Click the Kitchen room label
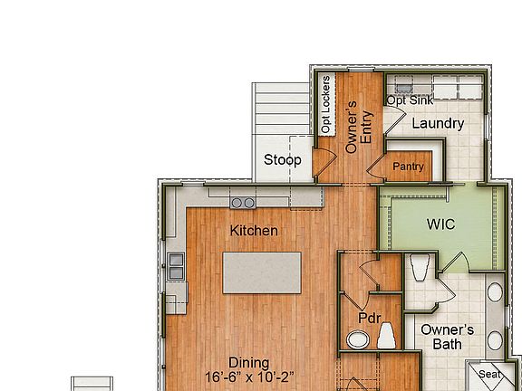click(x=254, y=231)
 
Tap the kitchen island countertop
click(x=261, y=272)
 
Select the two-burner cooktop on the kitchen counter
click(x=243, y=202)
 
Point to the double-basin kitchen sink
click(x=176, y=264)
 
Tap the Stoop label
click(x=283, y=161)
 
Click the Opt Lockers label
click(x=326, y=104)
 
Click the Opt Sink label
click(x=408, y=100)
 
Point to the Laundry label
click(x=439, y=123)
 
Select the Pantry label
click(x=409, y=167)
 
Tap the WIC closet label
click(x=440, y=224)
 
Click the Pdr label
click(x=369, y=319)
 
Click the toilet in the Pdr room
click(x=387, y=338)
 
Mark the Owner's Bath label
click(x=447, y=337)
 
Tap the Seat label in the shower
click(x=489, y=375)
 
